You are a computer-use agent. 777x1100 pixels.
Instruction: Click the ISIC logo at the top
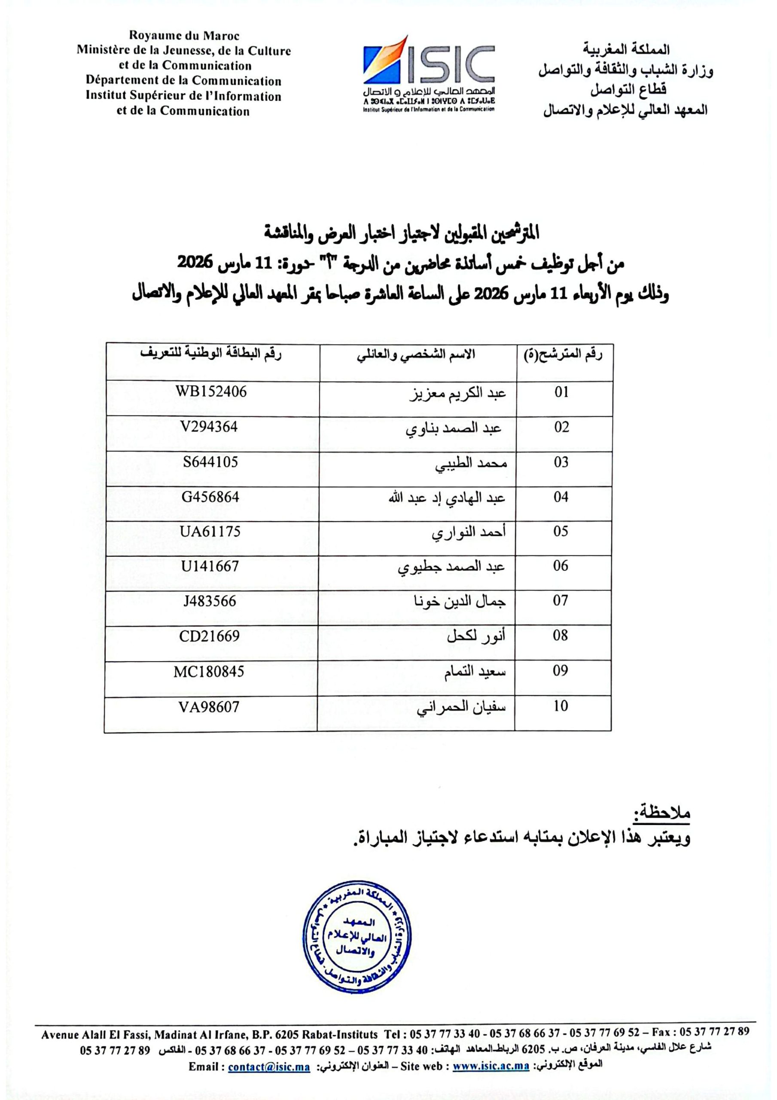pyautogui.click(x=429, y=72)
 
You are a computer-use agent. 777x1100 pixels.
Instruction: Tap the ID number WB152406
pyautogui.click(x=211, y=392)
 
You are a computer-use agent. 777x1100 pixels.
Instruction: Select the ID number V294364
pyautogui.click(x=209, y=427)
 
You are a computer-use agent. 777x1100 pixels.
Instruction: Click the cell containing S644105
pyautogui.click(x=210, y=462)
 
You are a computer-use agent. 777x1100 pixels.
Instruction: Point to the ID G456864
pyautogui.click(x=210, y=497)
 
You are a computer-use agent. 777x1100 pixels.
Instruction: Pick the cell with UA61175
pyautogui.click(x=210, y=532)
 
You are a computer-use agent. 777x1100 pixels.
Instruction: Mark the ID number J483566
pyautogui.click(x=210, y=601)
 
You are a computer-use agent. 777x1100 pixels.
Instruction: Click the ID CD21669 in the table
pyautogui.click(x=209, y=636)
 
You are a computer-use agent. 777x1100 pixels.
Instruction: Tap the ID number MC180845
pyautogui.click(x=209, y=671)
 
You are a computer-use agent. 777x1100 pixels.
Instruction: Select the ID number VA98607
pyautogui.click(x=209, y=707)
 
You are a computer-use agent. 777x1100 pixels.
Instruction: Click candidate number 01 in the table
pyautogui.click(x=561, y=392)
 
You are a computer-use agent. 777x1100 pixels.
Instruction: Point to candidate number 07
pyautogui.click(x=561, y=601)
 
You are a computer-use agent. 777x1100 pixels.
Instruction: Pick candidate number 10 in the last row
pyautogui.click(x=561, y=706)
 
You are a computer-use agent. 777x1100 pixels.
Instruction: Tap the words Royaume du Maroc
pyautogui.click(x=184, y=36)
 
